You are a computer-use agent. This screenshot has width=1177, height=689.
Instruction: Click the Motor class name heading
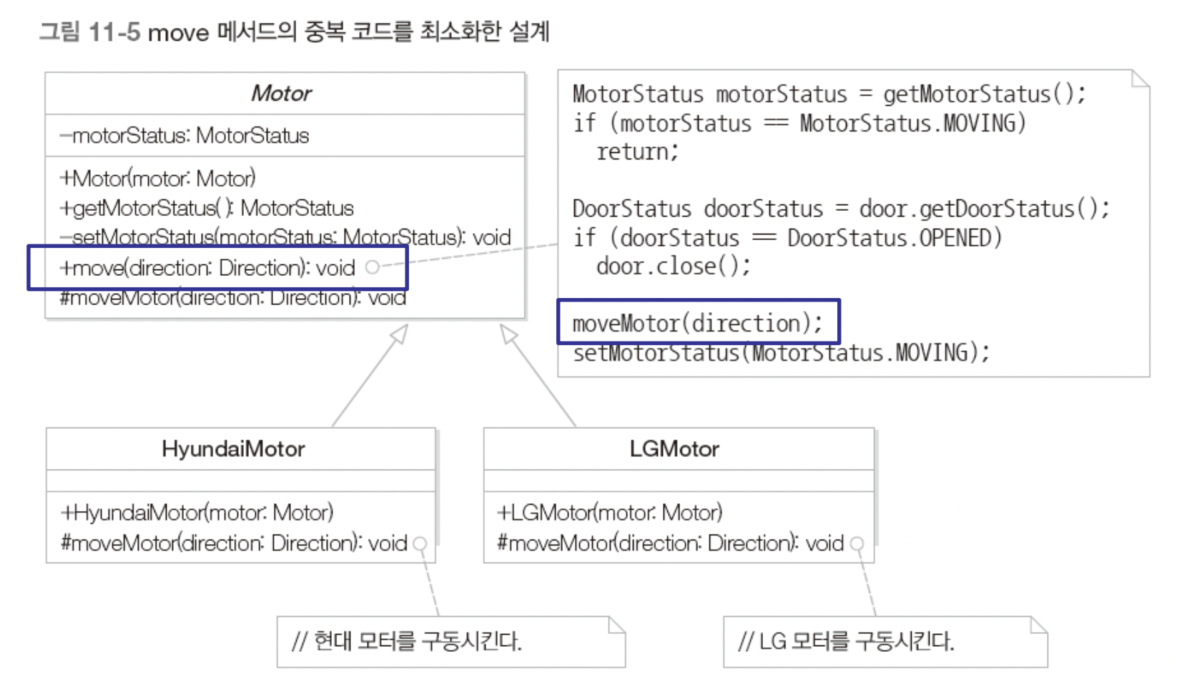(x=282, y=94)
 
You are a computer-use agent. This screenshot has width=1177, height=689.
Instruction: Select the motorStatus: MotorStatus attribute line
(x=184, y=136)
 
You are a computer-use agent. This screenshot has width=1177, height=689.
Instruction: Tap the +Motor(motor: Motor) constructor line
(x=157, y=178)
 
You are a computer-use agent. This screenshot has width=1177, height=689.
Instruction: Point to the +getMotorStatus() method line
(x=207, y=208)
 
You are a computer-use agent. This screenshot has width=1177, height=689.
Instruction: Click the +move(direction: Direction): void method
(x=207, y=268)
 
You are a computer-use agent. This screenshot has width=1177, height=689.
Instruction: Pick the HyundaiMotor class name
(x=233, y=449)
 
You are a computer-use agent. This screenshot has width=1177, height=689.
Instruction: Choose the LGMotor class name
(x=674, y=449)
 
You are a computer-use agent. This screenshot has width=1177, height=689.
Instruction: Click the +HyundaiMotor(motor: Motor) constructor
(x=197, y=512)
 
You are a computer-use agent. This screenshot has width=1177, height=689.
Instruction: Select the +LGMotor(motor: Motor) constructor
(x=610, y=512)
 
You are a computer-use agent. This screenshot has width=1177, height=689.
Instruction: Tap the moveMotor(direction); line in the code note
(x=697, y=323)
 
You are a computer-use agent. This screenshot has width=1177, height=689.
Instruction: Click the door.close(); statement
(x=673, y=266)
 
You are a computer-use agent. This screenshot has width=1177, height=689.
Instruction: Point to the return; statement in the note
(x=637, y=152)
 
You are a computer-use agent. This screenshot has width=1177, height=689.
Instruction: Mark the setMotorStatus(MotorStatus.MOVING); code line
(x=781, y=352)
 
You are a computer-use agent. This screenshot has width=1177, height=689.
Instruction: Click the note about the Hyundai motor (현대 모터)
(x=408, y=641)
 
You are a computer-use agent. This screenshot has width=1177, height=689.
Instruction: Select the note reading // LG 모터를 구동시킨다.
(x=846, y=641)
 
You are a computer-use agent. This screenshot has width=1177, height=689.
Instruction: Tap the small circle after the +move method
(x=372, y=267)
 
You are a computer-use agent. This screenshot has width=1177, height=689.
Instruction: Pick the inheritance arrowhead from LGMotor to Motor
(x=508, y=333)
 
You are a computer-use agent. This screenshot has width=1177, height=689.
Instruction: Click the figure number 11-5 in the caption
(x=114, y=32)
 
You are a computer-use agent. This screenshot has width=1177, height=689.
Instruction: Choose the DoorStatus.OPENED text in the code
(x=894, y=237)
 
